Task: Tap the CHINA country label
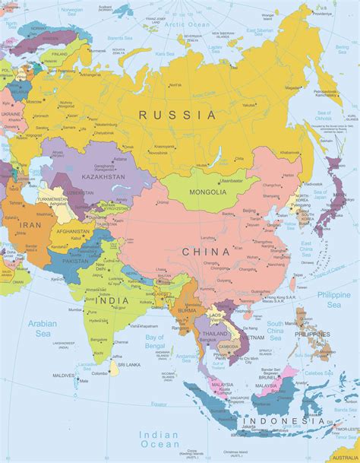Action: click(x=205, y=251)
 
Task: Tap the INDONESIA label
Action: click(x=282, y=420)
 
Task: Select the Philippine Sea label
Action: click(x=333, y=300)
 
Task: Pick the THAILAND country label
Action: click(x=215, y=333)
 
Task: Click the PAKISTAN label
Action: click(x=77, y=260)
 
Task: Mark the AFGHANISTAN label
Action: click(x=73, y=231)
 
